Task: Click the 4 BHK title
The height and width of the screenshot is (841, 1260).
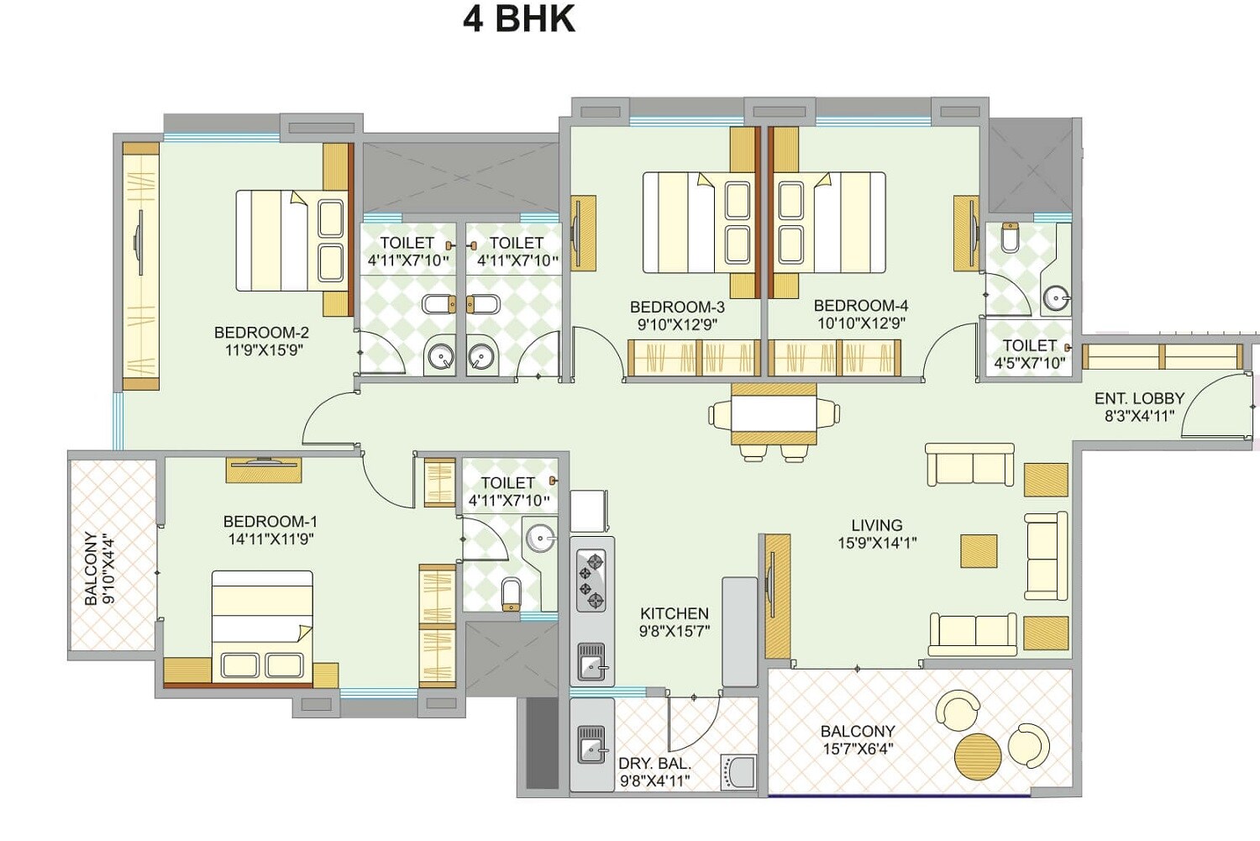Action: pos(519,19)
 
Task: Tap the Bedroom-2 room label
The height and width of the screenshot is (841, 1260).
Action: pos(261,333)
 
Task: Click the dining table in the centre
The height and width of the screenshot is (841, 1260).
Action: pos(774,413)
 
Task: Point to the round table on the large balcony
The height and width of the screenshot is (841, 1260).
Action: pos(978,756)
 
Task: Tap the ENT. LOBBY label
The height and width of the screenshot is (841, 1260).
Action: pos(1139,398)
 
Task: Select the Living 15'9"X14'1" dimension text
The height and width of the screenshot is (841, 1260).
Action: pos(876,544)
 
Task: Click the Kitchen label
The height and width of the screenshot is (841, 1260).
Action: pos(674,613)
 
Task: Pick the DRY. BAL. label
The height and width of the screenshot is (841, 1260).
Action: pos(654,764)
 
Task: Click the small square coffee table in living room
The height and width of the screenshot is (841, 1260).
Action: pos(979,551)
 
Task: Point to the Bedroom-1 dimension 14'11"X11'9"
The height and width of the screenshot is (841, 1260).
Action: pos(270,539)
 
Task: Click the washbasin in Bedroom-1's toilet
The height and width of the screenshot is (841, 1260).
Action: pos(539,537)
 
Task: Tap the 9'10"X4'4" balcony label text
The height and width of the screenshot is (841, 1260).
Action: pos(109,569)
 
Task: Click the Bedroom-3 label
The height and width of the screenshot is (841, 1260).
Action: pos(677,307)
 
